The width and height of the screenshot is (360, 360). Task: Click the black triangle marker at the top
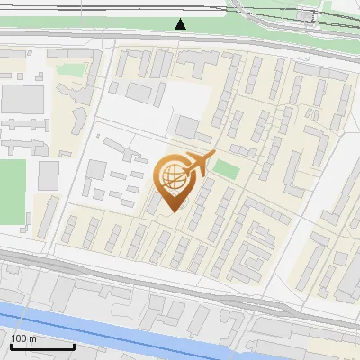coord(181,23)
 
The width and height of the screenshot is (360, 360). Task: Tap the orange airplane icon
coord(197,164)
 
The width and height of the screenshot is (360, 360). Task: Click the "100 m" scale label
coord(23,338)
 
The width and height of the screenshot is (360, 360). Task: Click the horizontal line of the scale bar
coord(40,346)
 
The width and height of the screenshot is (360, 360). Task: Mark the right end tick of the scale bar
coord(74,345)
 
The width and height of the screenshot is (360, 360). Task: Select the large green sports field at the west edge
coord(13,190)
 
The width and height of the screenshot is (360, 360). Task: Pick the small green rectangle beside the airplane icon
coord(226,169)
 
